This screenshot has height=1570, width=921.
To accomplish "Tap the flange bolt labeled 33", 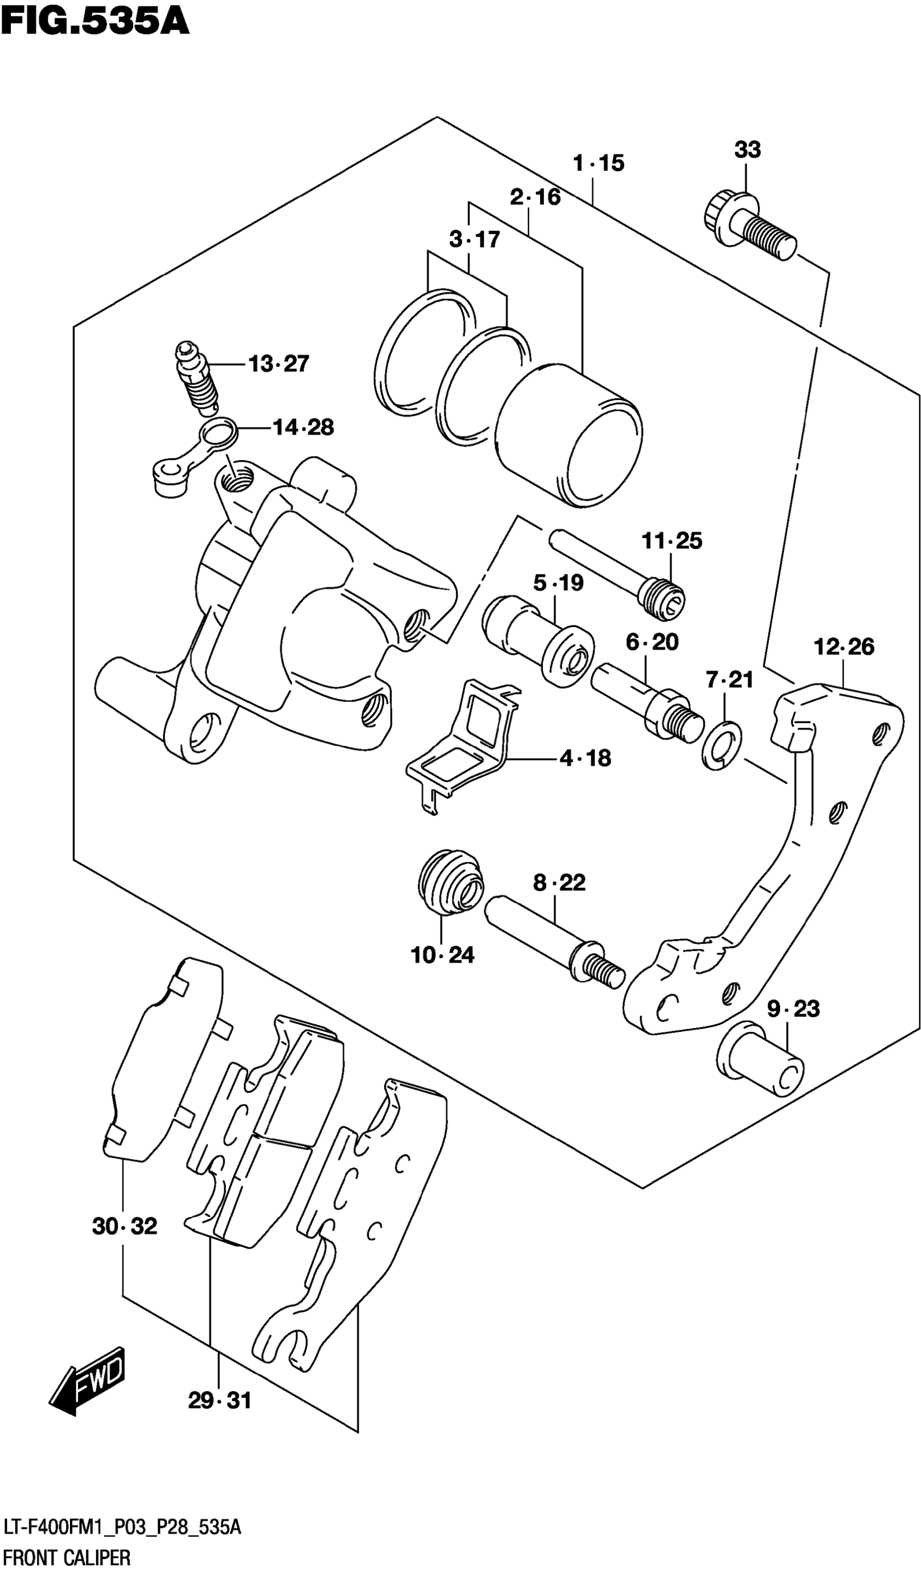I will click(x=750, y=228).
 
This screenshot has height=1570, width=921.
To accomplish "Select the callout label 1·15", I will click(x=598, y=163).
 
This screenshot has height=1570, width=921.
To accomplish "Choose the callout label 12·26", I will click(x=844, y=647).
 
